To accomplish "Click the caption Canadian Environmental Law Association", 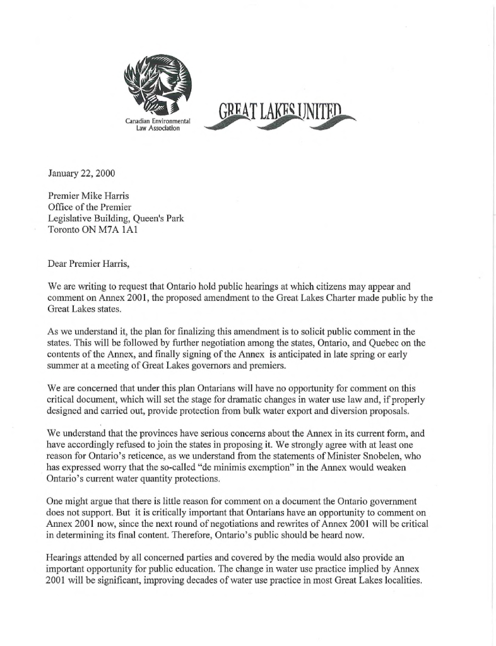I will coord(158,124).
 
